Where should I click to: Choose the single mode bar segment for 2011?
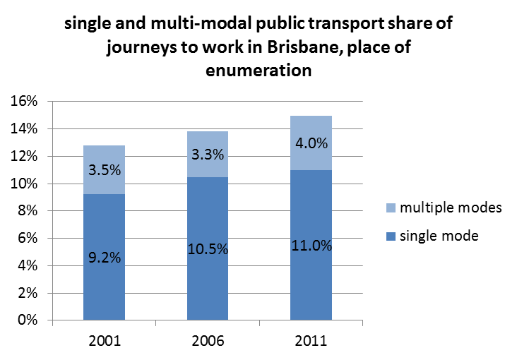[x=311, y=282]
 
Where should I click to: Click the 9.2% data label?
[x=104, y=258]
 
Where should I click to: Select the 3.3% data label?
[x=208, y=155]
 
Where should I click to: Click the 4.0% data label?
[x=311, y=143]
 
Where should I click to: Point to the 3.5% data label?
[x=104, y=170]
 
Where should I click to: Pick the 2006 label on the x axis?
[x=208, y=341]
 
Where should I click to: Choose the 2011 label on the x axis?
[x=311, y=341]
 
